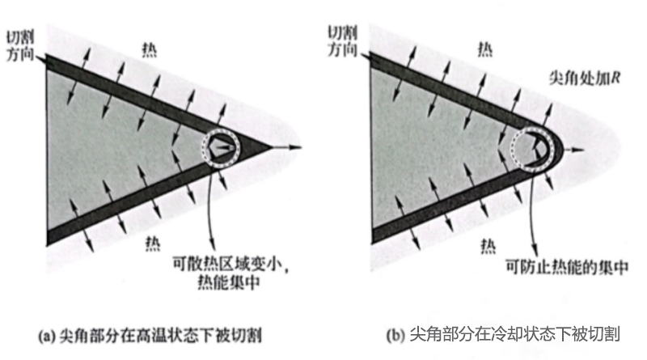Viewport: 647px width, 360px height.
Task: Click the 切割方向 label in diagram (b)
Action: pyautogui.click(x=342, y=41)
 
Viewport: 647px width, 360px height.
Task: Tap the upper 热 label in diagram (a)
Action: pyautogui.click(x=149, y=50)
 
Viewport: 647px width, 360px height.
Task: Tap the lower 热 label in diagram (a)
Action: pyautogui.click(x=153, y=244)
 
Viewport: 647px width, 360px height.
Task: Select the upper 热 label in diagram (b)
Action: pyautogui.click(x=484, y=49)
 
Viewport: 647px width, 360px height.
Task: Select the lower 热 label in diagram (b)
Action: pyautogui.click(x=488, y=247)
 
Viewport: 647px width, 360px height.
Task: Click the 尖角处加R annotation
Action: pyautogui.click(x=584, y=78)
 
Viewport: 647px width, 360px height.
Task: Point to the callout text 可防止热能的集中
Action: pyautogui.click(x=567, y=267)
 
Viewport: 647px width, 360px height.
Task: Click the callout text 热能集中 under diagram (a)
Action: pyautogui.click(x=229, y=282)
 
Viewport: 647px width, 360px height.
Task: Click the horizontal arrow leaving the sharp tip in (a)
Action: pyautogui.click(x=287, y=147)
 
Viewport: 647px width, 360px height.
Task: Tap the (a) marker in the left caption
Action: pyautogui.click(x=47, y=335)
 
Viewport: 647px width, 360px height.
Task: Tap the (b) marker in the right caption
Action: pyautogui.click(x=395, y=335)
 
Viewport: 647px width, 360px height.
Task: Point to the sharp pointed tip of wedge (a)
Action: pyautogui.click(x=272, y=147)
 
